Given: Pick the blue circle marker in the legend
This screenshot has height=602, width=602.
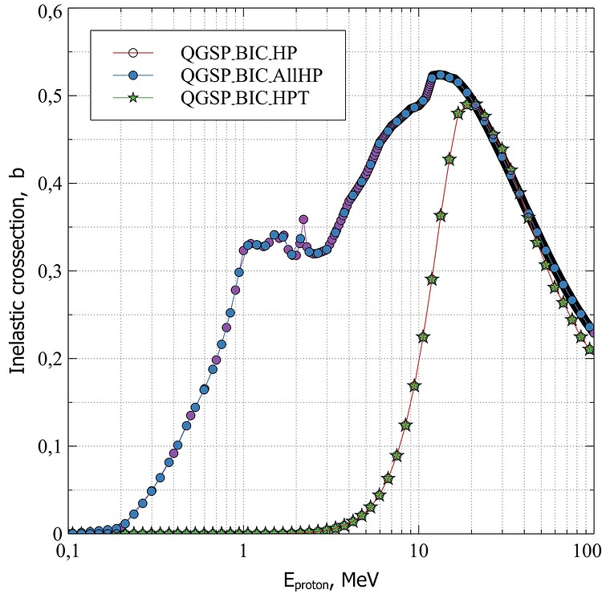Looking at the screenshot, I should pyautogui.click(x=134, y=76).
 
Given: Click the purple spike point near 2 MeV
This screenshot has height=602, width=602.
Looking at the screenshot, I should pyautogui.click(x=303, y=219).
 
